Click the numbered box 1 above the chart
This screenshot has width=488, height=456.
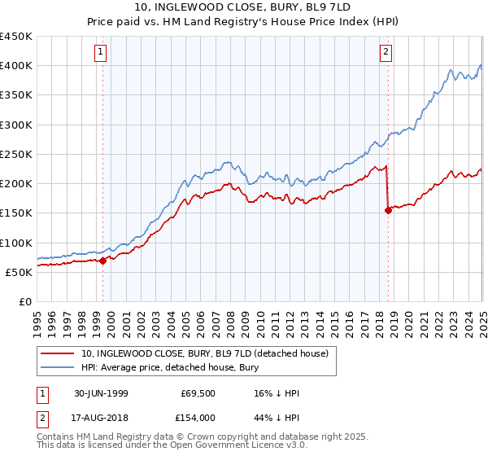[100, 53]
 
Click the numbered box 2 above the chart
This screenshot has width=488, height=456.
[385, 53]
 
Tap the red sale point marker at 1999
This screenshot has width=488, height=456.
[103, 261]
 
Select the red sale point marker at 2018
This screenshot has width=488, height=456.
[388, 211]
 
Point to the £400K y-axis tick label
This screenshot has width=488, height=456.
[17, 66]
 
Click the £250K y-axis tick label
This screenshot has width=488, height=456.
[17, 154]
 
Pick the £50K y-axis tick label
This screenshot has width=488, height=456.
[20, 272]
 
